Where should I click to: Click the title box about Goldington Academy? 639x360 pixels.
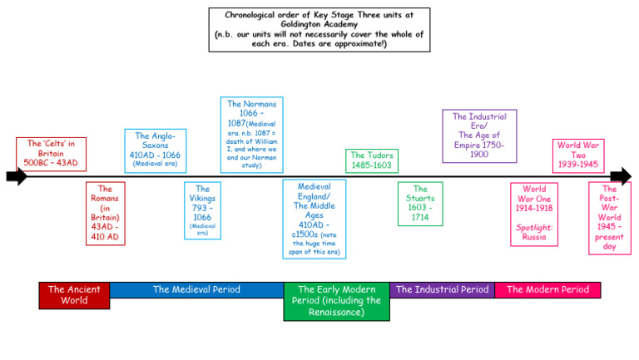pos(319,29)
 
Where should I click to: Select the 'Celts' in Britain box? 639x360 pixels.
pos(51,154)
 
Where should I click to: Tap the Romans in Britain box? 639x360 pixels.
pos(106,214)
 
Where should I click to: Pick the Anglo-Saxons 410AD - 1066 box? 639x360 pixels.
pos(155,150)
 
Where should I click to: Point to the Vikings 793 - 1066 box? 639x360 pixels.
pos(202,210)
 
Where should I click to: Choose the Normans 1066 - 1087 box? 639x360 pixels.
pos(251,135)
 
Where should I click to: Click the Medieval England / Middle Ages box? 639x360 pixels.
pos(314,219)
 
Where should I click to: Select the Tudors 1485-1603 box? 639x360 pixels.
pos(370,160)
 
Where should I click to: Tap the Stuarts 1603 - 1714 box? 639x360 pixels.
pos(420,204)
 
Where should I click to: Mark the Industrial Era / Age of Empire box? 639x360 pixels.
pos(479,136)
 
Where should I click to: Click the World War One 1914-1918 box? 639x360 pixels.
pos(534,214)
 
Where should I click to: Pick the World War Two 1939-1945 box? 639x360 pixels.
pos(578,155)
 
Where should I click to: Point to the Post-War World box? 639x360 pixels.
pos(609,218)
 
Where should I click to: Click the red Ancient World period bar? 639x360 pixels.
pos(74,295)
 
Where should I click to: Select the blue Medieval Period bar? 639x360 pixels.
pos(196,290)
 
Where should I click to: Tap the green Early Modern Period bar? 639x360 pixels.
pos(336,301)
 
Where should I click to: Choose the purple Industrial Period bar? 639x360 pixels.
pos(442,290)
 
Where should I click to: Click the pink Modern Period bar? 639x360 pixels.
pos(547,290)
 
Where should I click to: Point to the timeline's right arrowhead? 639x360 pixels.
pos(621,176)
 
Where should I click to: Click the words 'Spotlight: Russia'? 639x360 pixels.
pos(534,232)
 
